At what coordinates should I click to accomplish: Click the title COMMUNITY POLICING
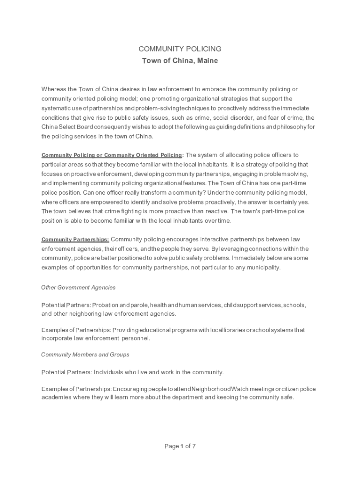[180, 49]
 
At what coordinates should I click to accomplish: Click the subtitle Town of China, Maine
[180, 61]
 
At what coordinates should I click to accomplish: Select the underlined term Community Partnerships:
[75, 240]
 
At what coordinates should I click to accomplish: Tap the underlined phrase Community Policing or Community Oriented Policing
[112, 155]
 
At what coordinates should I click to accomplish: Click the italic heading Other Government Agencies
[78, 288]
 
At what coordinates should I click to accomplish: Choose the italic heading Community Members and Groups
[85, 355]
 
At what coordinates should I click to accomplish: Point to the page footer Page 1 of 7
[180, 446]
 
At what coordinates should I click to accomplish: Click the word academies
[56, 398]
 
